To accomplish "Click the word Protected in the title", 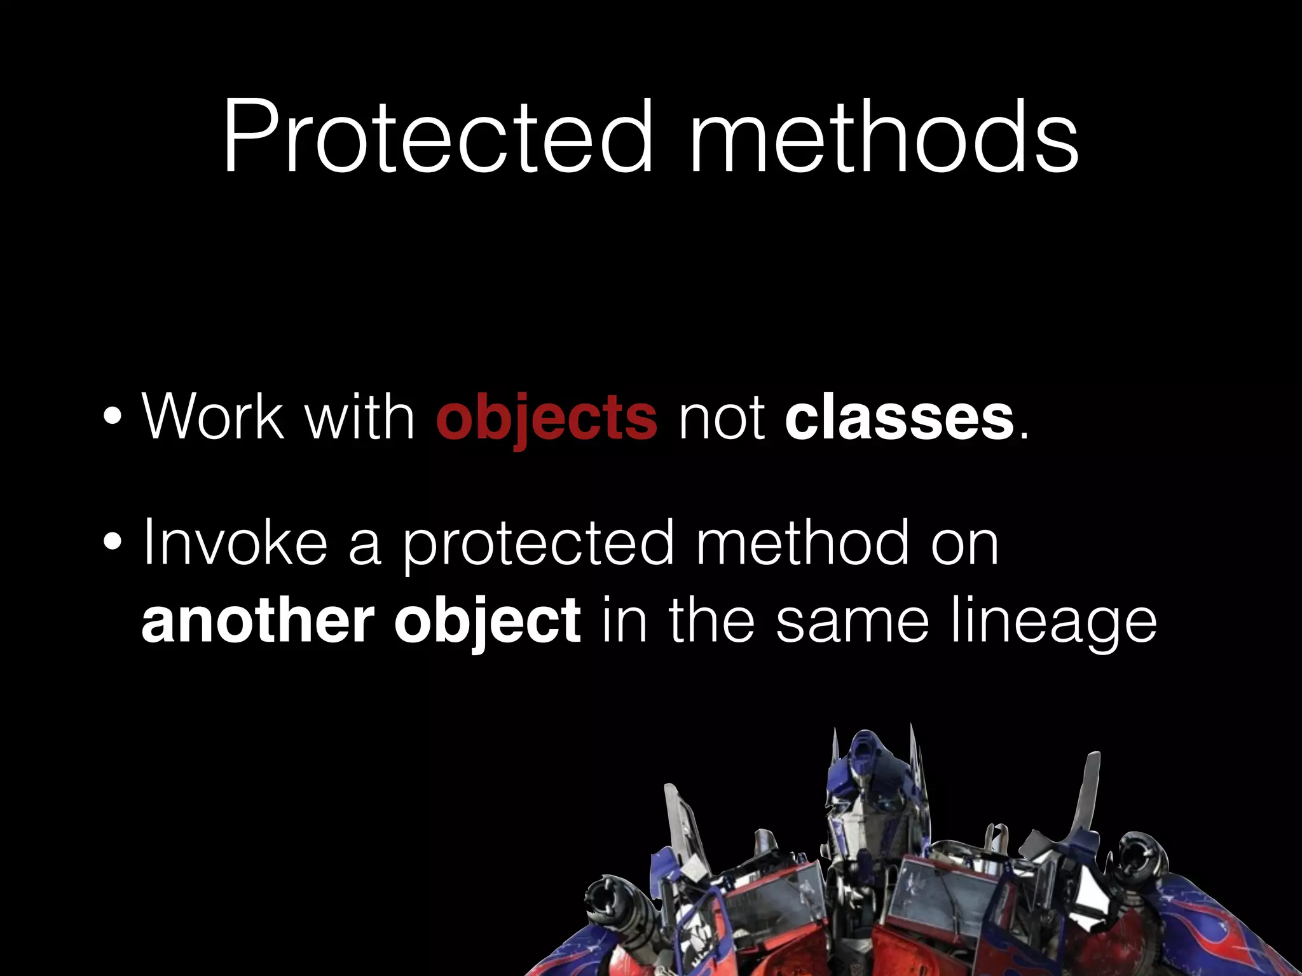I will coord(438,137).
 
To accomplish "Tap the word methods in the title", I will coord(884,137).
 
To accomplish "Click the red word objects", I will coord(546,418).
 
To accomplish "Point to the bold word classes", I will coord(900,418).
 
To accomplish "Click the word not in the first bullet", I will coord(721,418).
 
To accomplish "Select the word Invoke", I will coord(235,543).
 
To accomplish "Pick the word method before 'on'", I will coord(802,543).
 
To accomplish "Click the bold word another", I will coord(258,621).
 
